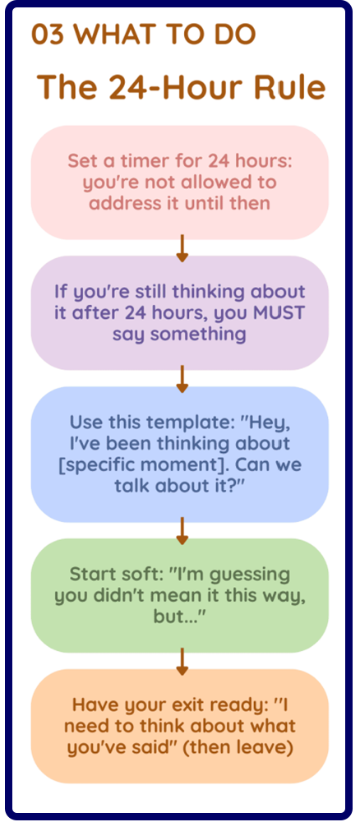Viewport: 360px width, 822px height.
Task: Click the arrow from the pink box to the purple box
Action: pyautogui.click(x=182, y=248)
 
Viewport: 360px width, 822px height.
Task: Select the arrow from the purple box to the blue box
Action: pyautogui.click(x=182, y=378)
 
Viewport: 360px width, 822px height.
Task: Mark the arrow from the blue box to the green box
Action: pyautogui.click(x=182, y=530)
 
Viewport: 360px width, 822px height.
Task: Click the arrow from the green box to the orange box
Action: pyautogui.click(x=182, y=661)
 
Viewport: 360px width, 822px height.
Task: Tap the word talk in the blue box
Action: pyautogui.click(x=134, y=486)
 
